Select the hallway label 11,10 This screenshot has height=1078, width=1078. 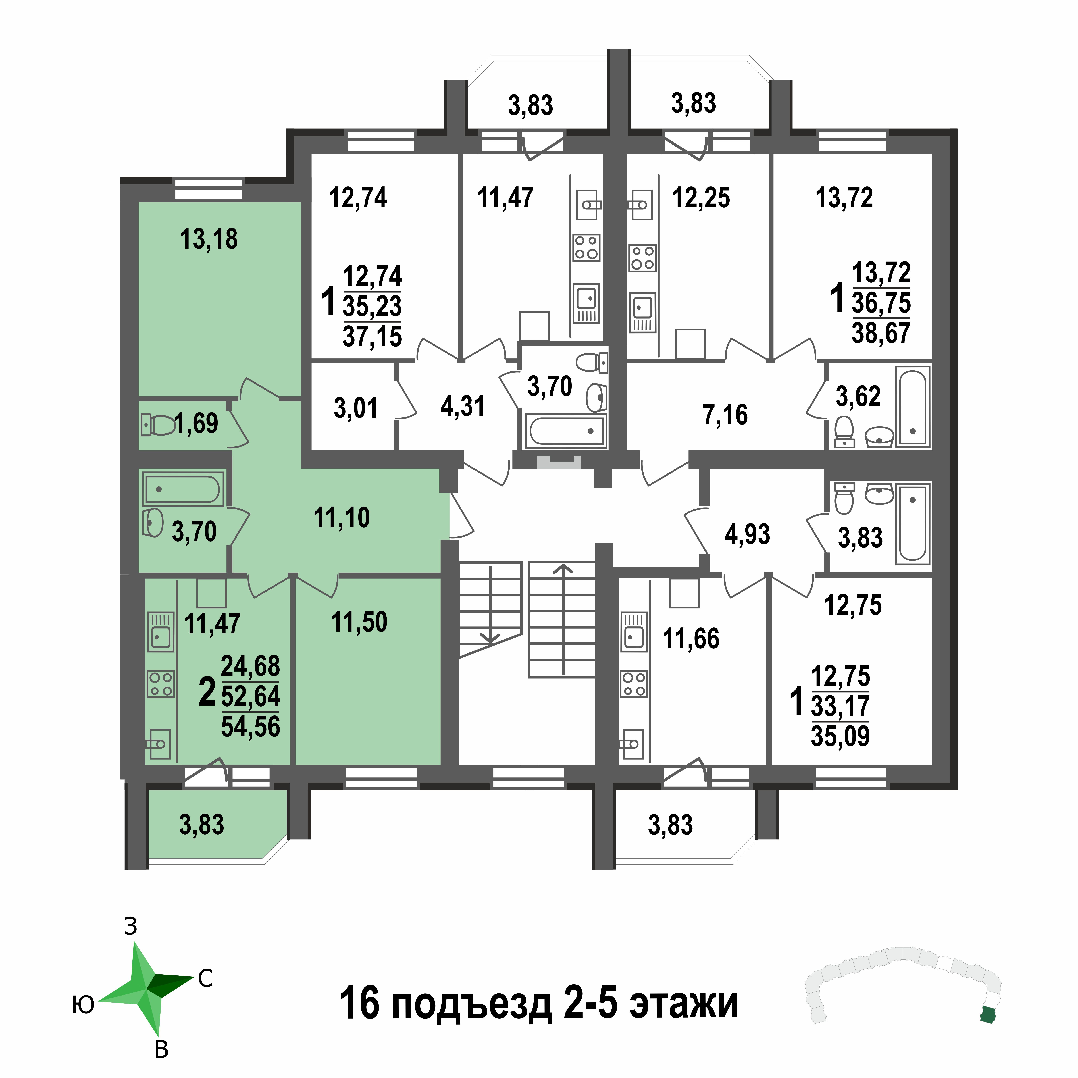point(341,518)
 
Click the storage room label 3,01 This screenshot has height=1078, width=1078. point(355,408)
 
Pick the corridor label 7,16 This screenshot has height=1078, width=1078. point(725,415)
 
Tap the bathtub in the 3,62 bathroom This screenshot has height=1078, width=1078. point(913,407)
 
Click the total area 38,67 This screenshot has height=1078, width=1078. point(881,333)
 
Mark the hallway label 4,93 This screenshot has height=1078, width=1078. point(747,534)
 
